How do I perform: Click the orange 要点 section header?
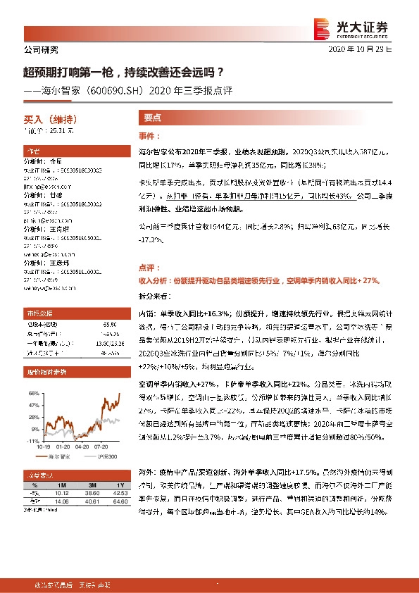[153, 118]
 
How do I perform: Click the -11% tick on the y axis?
[32, 440]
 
